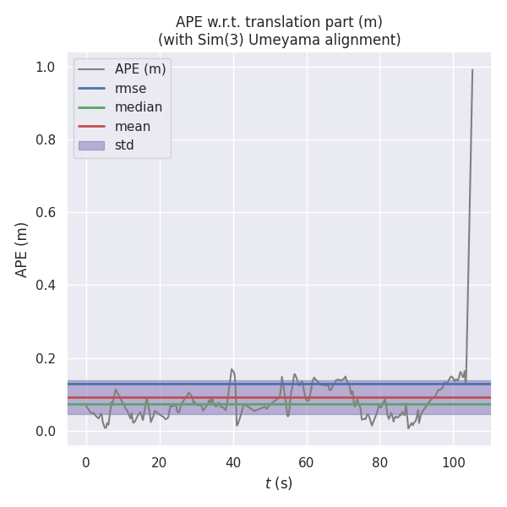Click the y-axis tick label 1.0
[45, 68]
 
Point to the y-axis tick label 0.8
[45, 140]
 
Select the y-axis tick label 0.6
[45, 213]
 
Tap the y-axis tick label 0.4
[45, 286]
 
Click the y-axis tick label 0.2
[45, 358]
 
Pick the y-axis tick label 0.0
[45, 431]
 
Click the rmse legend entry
[131, 88]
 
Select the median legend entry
[139, 107]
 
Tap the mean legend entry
[133, 126]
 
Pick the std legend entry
[124, 145]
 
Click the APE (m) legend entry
[140, 69]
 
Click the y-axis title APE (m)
[22, 249]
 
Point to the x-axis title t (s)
[278, 483]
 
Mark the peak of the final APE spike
[472, 69]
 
